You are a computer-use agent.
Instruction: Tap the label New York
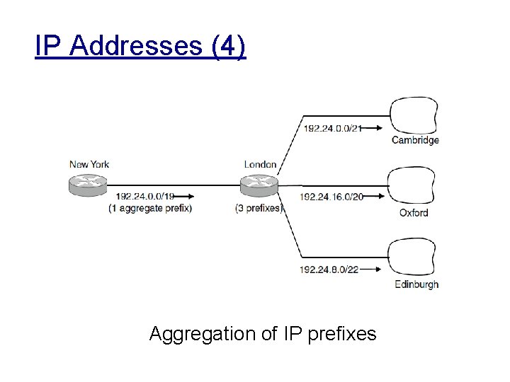tap(89, 165)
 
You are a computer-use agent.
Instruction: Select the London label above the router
tap(260, 165)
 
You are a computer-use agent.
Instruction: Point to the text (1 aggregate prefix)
tap(150, 208)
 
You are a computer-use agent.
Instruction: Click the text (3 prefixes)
tap(259, 208)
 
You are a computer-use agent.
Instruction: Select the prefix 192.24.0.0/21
tap(332, 128)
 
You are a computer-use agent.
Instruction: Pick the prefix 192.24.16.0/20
tap(331, 197)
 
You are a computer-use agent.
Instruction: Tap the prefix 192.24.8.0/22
tap(329, 270)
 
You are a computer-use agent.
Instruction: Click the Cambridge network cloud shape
tap(413, 113)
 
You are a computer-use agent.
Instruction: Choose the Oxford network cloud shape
tap(413, 185)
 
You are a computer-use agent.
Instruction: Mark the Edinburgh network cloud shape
tap(413, 257)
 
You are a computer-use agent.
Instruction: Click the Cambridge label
tap(415, 140)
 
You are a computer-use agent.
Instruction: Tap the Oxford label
tap(414, 212)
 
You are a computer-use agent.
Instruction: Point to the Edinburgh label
tap(416, 284)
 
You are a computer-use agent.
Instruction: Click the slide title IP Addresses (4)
tap(140, 47)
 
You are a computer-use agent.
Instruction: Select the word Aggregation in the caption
tap(203, 333)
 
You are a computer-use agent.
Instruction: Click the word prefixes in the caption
tap(343, 333)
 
